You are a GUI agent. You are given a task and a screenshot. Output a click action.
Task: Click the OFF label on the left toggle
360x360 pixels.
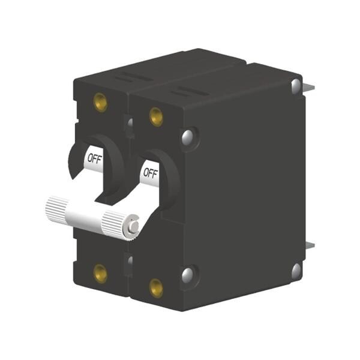(94, 159)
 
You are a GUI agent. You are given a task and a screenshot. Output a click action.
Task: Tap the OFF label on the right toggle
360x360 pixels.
(150, 174)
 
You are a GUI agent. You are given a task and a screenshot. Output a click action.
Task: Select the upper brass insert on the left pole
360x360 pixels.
(100, 103)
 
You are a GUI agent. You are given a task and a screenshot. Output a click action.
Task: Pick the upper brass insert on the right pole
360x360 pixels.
(156, 116)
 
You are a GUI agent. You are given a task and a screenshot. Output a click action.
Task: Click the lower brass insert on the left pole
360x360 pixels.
(100, 274)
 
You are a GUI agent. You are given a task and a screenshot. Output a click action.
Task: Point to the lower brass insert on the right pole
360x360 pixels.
(156, 287)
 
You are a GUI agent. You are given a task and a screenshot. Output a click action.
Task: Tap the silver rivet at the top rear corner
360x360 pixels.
(296, 86)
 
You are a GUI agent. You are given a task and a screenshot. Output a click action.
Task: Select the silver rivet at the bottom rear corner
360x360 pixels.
(296, 271)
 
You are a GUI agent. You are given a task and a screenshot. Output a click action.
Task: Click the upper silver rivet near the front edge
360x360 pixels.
(188, 136)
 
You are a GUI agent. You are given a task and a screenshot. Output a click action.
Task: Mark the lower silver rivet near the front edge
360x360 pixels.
(188, 275)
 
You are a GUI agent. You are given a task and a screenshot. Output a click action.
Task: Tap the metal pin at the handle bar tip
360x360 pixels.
(134, 226)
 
